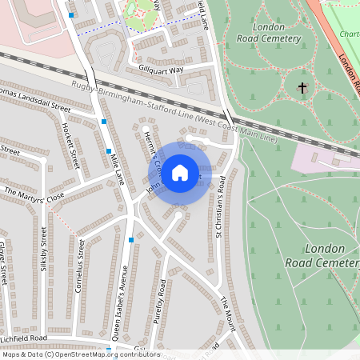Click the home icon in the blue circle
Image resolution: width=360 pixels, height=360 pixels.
pyautogui.click(x=180, y=172)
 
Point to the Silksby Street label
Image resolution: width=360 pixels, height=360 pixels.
pyautogui.click(x=44, y=249)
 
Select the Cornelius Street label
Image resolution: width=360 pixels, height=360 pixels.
pyautogui.click(x=80, y=263)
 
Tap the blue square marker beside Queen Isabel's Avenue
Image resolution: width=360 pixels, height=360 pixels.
pyautogui.click(x=131, y=239)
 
